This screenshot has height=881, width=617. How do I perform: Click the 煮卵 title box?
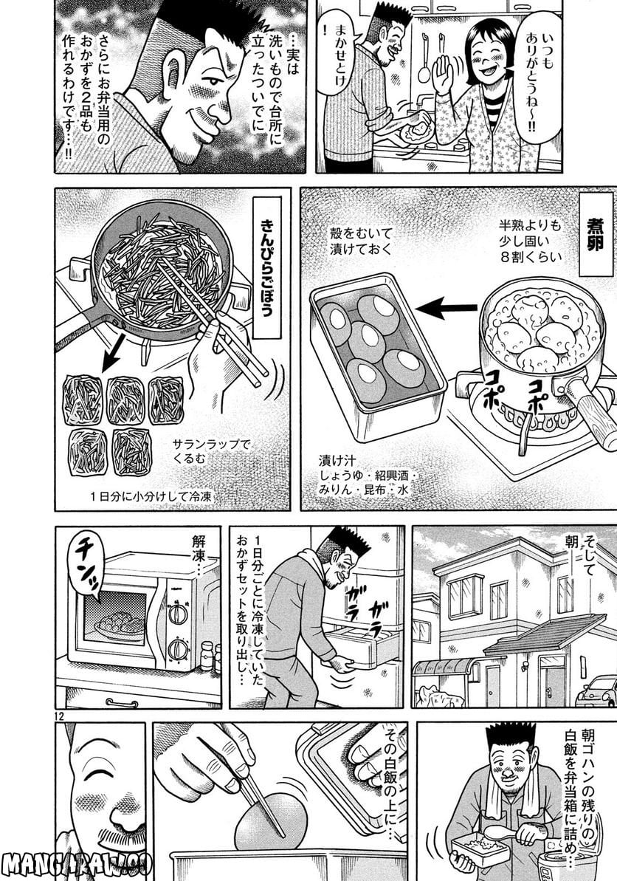point(593,236)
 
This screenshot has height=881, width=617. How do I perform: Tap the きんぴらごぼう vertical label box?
point(266,267)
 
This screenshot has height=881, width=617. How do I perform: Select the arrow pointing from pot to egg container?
point(447,308)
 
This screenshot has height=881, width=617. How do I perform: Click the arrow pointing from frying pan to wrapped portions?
point(113,354)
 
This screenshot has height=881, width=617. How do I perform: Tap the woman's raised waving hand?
point(444,74)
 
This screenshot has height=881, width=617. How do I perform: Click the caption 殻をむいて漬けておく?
point(360,241)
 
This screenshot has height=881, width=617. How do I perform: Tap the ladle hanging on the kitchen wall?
point(424,55)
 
